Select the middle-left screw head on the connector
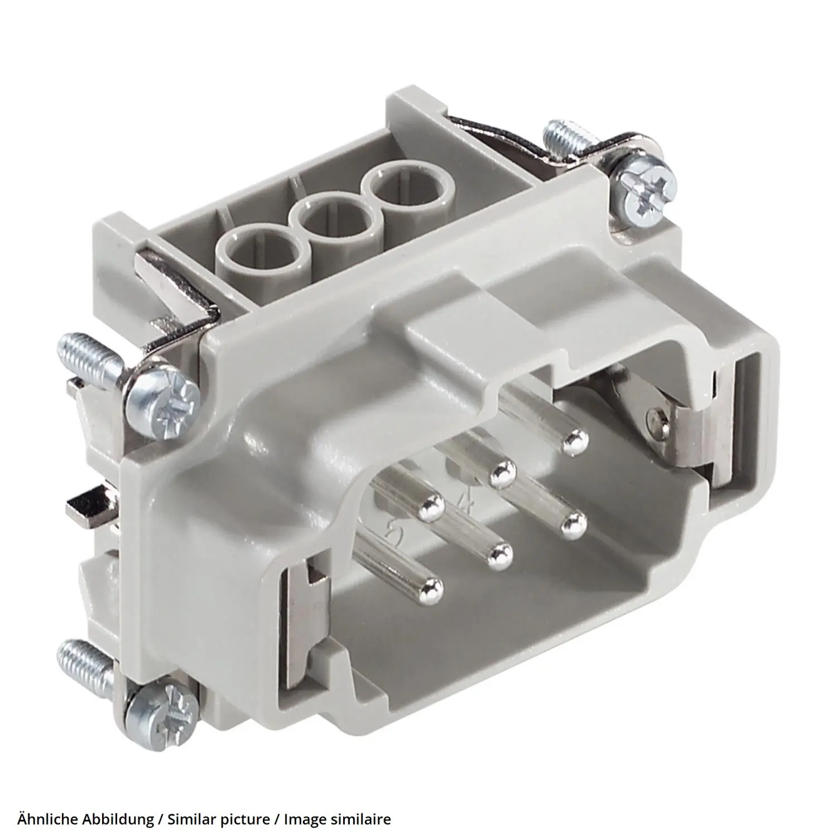(x=162, y=399)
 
